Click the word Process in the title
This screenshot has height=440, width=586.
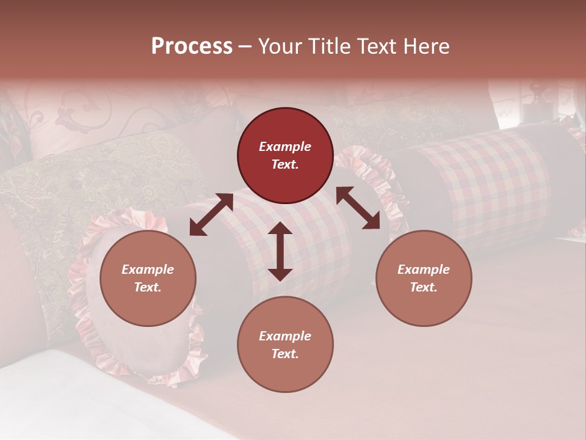192,46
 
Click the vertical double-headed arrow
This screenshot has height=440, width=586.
280,251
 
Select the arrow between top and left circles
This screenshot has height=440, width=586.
211,214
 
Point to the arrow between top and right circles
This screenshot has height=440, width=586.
358,208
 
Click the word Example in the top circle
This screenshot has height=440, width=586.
285,147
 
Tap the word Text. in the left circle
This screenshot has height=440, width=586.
148,287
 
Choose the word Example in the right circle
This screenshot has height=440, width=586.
424,269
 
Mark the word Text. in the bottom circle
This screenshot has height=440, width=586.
285,354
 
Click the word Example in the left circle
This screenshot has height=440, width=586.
148,269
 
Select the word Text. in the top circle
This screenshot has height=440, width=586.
285,164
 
